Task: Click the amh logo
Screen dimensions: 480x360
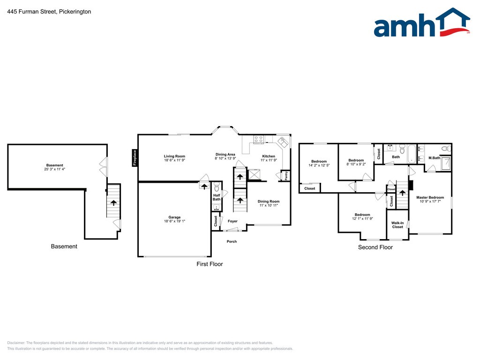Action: pyautogui.click(x=422, y=22)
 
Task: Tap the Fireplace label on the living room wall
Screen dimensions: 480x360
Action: pyautogui.click(x=135, y=157)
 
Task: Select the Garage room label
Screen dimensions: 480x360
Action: pyautogui.click(x=174, y=217)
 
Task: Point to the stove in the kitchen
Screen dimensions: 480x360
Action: pyautogui.click(x=258, y=139)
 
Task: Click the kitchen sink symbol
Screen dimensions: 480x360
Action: pyautogui.click(x=283, y=142)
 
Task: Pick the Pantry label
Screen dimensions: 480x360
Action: pyautogui.click(x=286, y=176)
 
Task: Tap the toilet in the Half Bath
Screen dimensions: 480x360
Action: pyautogui.click(x=217, y=187)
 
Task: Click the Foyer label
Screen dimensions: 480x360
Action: pyautogui.click(x=232, y=221)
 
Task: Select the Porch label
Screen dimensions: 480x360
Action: pyautogui.click(x=232, y=241)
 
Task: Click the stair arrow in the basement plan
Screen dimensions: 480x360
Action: pyautogui.click(x=113, y=202)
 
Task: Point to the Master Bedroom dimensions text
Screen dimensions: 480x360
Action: pyautogui.click(x=430, y=202)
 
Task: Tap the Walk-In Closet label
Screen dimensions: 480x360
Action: pyautogui.click(x=397, y=225)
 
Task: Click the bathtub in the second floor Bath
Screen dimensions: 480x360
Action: pyautogui.click(x=411, y=154)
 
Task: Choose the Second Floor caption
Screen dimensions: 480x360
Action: pyautogui.click(x=375, y=247)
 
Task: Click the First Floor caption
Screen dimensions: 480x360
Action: pyautogui.click(x=210, y=264)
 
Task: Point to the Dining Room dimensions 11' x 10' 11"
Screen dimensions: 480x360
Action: pyautogui.click(x=269, y=205)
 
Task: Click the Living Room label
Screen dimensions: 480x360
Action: pyautogui.click(x=174, y=156)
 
